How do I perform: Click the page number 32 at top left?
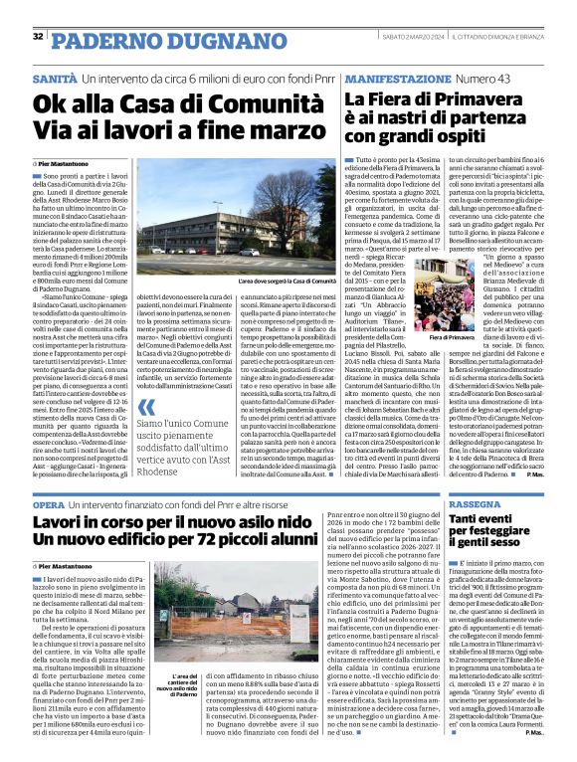[x=38, y=37]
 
